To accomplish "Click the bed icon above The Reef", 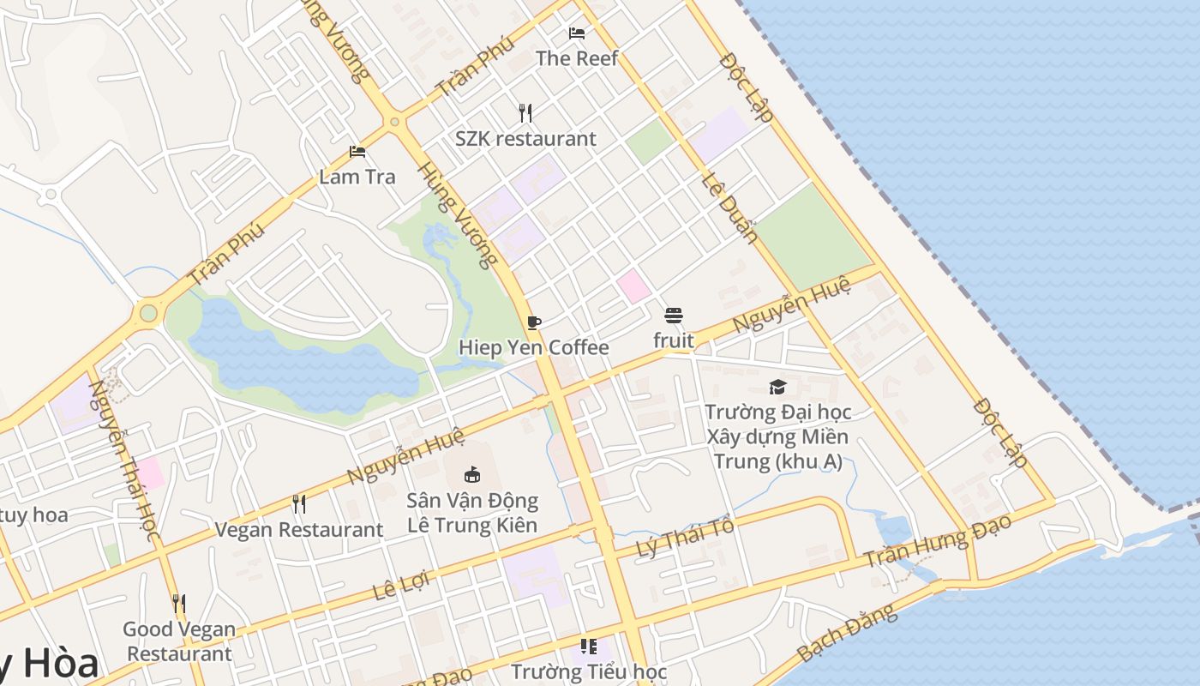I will coord(577,33).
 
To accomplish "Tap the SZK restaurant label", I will coord(525,138).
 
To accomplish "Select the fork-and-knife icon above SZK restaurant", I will coord(525,112).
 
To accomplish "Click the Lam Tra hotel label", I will coord(357,177).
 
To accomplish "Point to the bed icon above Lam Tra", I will coord(357,152).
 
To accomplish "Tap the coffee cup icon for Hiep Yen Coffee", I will coord(534,322).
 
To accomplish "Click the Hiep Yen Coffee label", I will coord(534,347).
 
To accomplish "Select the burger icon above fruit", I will coord(674,316).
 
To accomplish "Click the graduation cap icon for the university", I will coord(777,387).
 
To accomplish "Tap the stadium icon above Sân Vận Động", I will coord(471,474).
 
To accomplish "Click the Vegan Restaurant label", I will coord(298,530).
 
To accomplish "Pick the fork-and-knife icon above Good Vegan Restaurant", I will coord(178,604).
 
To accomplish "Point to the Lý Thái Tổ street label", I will coord(686,539).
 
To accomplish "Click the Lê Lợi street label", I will coord(400,586).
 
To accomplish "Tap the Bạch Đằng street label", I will coord(846,633).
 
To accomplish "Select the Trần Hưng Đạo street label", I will coord(938,540).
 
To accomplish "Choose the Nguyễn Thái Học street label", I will coord(125,460).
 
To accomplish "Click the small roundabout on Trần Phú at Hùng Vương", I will coord(394,122).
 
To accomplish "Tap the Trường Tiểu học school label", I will coord(589,671).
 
